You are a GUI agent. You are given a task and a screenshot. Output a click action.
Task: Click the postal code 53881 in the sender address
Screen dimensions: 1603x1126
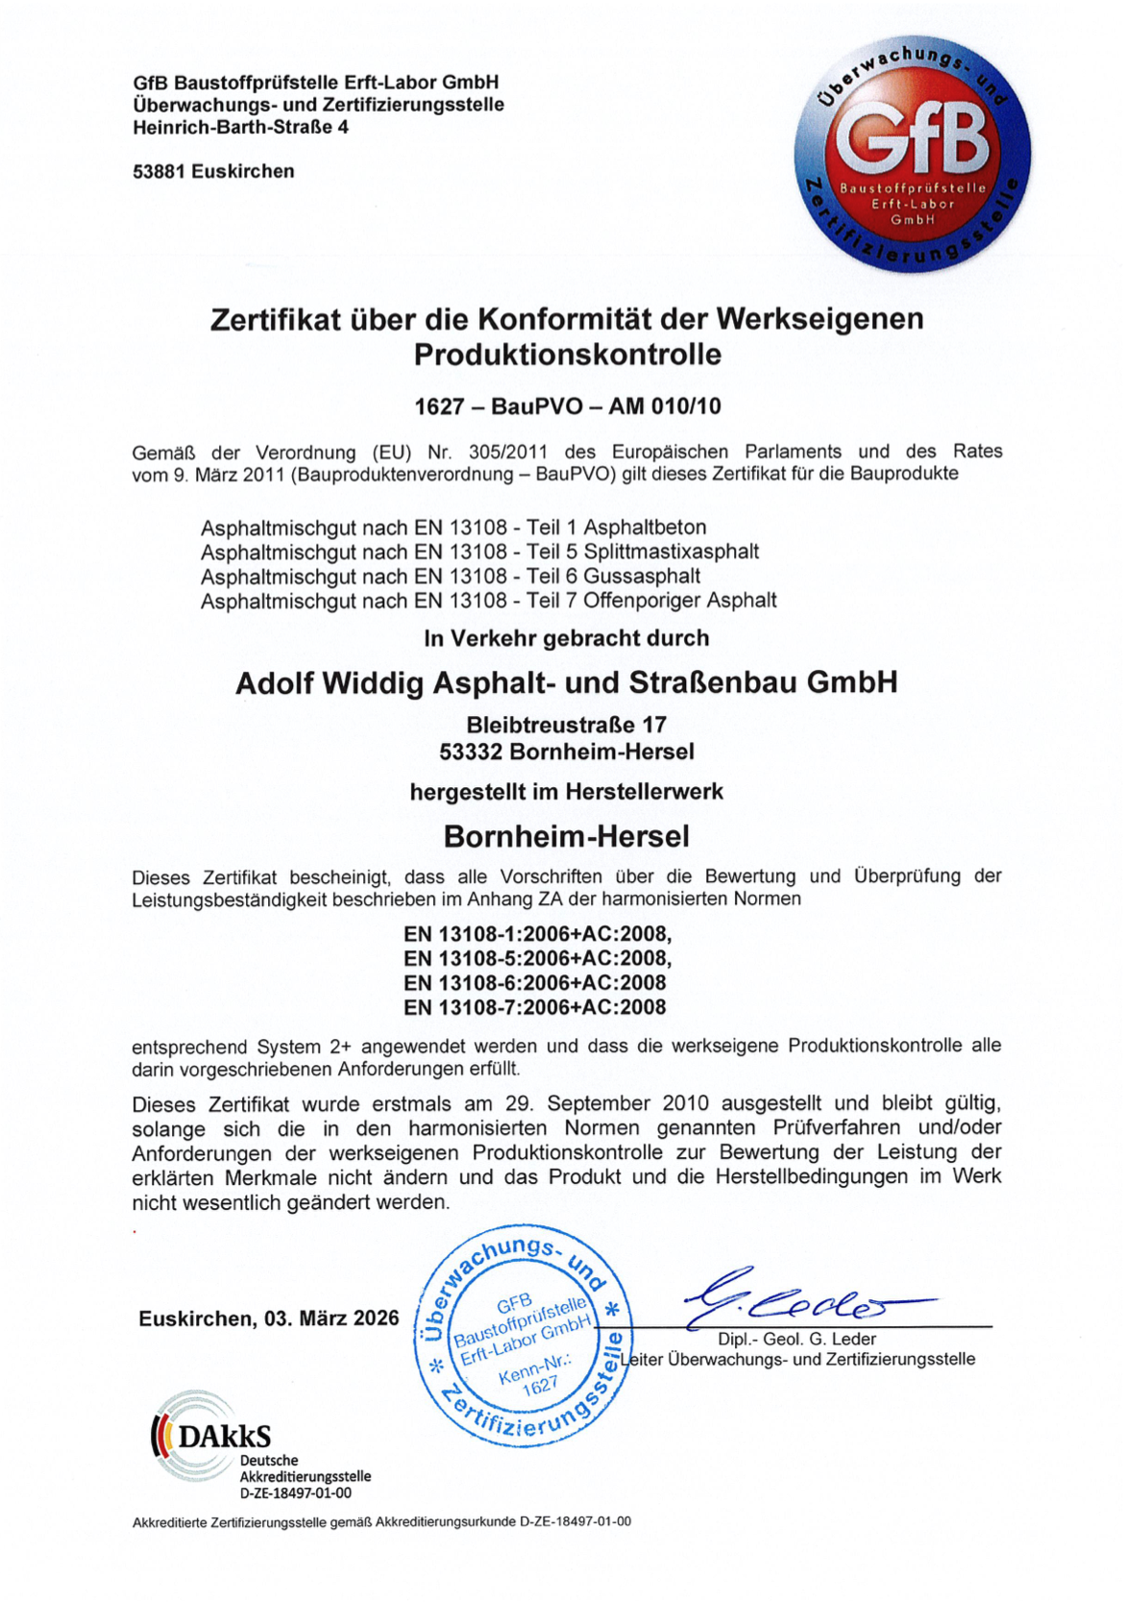tap(159, 172)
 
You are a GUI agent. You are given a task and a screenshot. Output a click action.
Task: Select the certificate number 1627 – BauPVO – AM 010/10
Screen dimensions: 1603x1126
tap(567, 407)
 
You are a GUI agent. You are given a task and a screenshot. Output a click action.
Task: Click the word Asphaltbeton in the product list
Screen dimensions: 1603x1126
tap(645, 528)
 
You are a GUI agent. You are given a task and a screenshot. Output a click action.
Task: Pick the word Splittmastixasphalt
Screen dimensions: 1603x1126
tap(672, 552)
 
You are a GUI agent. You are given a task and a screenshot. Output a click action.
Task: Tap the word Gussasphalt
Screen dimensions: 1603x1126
tap(642, 577)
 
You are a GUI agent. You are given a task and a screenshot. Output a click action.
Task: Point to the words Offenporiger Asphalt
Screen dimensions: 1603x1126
tap(680, 601)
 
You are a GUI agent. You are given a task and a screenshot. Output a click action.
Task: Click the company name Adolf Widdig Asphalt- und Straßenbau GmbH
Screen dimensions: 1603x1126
tap(567, 682)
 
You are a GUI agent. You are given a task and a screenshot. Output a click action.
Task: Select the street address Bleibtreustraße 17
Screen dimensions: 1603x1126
tap(567, 725)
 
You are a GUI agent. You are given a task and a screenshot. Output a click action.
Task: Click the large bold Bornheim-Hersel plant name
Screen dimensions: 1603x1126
tap(567, 836)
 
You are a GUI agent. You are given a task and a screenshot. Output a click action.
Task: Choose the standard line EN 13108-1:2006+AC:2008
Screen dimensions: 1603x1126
tap(537, 934)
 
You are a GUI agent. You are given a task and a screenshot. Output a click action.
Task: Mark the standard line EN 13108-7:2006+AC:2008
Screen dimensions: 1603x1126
tap(535, 1007)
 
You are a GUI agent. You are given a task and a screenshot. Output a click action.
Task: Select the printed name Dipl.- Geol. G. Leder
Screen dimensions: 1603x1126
tap(796, 1340)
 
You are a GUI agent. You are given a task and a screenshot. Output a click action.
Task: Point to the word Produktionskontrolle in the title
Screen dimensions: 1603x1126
tap(567, 355)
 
